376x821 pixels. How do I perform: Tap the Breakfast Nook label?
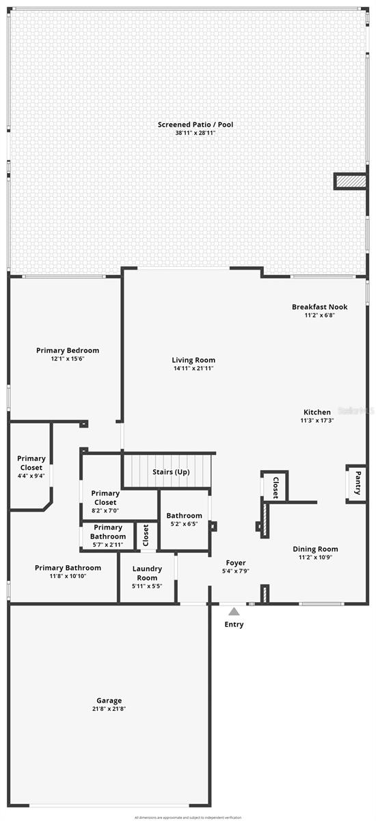click(x=319, y=307)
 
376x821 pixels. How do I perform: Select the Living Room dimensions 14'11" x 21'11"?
click(x=193, y=369)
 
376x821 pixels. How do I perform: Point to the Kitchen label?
click(x=317, y=412)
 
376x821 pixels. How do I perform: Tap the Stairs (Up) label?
click(x=170, y=472)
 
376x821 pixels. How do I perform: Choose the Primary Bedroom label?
click(x=68, y=350)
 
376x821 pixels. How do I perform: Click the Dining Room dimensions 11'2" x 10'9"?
click(x=315, y=558)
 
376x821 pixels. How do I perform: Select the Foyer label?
click(x=236, y=563)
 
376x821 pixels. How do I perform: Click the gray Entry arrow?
click(x=234, y=612)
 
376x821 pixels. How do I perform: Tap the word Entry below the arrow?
click(x=234, y=624)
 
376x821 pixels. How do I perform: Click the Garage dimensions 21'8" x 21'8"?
click(x=109, y=709)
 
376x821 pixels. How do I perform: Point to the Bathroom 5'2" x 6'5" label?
click(x=184, y=516)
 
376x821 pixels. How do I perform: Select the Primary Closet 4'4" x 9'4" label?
click(x=31, y=463)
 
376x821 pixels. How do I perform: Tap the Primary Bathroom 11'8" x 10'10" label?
click(x=68, y=568)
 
